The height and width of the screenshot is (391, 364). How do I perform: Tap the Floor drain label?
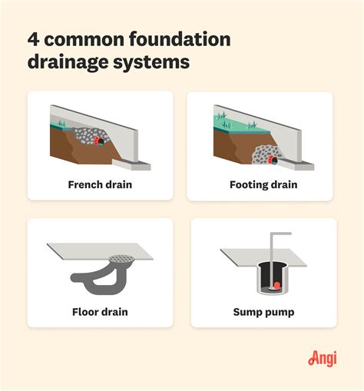tap(101, 312)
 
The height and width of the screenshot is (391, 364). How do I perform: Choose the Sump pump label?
tap(263, 312)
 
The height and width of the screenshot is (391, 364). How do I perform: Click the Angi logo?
tap(323, 358)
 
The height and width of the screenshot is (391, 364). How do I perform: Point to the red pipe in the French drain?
tap(98, 142)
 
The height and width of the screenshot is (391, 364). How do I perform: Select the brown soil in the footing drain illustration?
tap(230, 146)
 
